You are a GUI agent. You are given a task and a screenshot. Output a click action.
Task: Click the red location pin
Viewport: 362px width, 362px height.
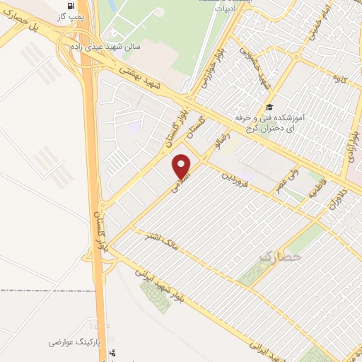pyautogui.click(x=182, y=166)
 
